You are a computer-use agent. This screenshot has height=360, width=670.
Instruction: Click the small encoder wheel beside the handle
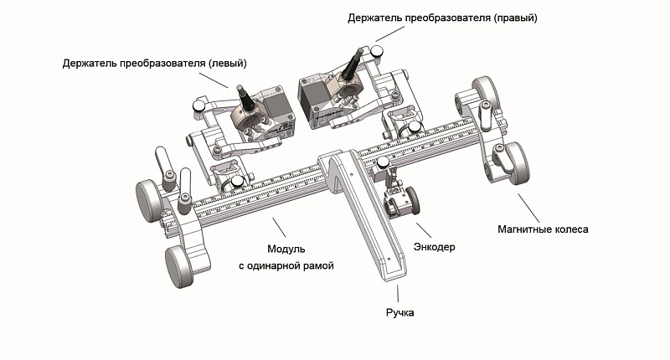coord(412,200)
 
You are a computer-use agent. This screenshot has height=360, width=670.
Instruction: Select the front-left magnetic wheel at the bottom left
coord(180,268)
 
